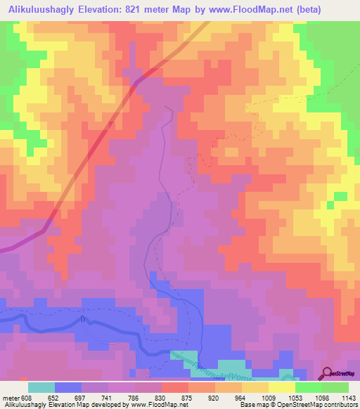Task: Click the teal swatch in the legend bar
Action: (x=41, y=387)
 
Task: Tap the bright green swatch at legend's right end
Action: (x=335, y=387)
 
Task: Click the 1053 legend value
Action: (x=307, y=397)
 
